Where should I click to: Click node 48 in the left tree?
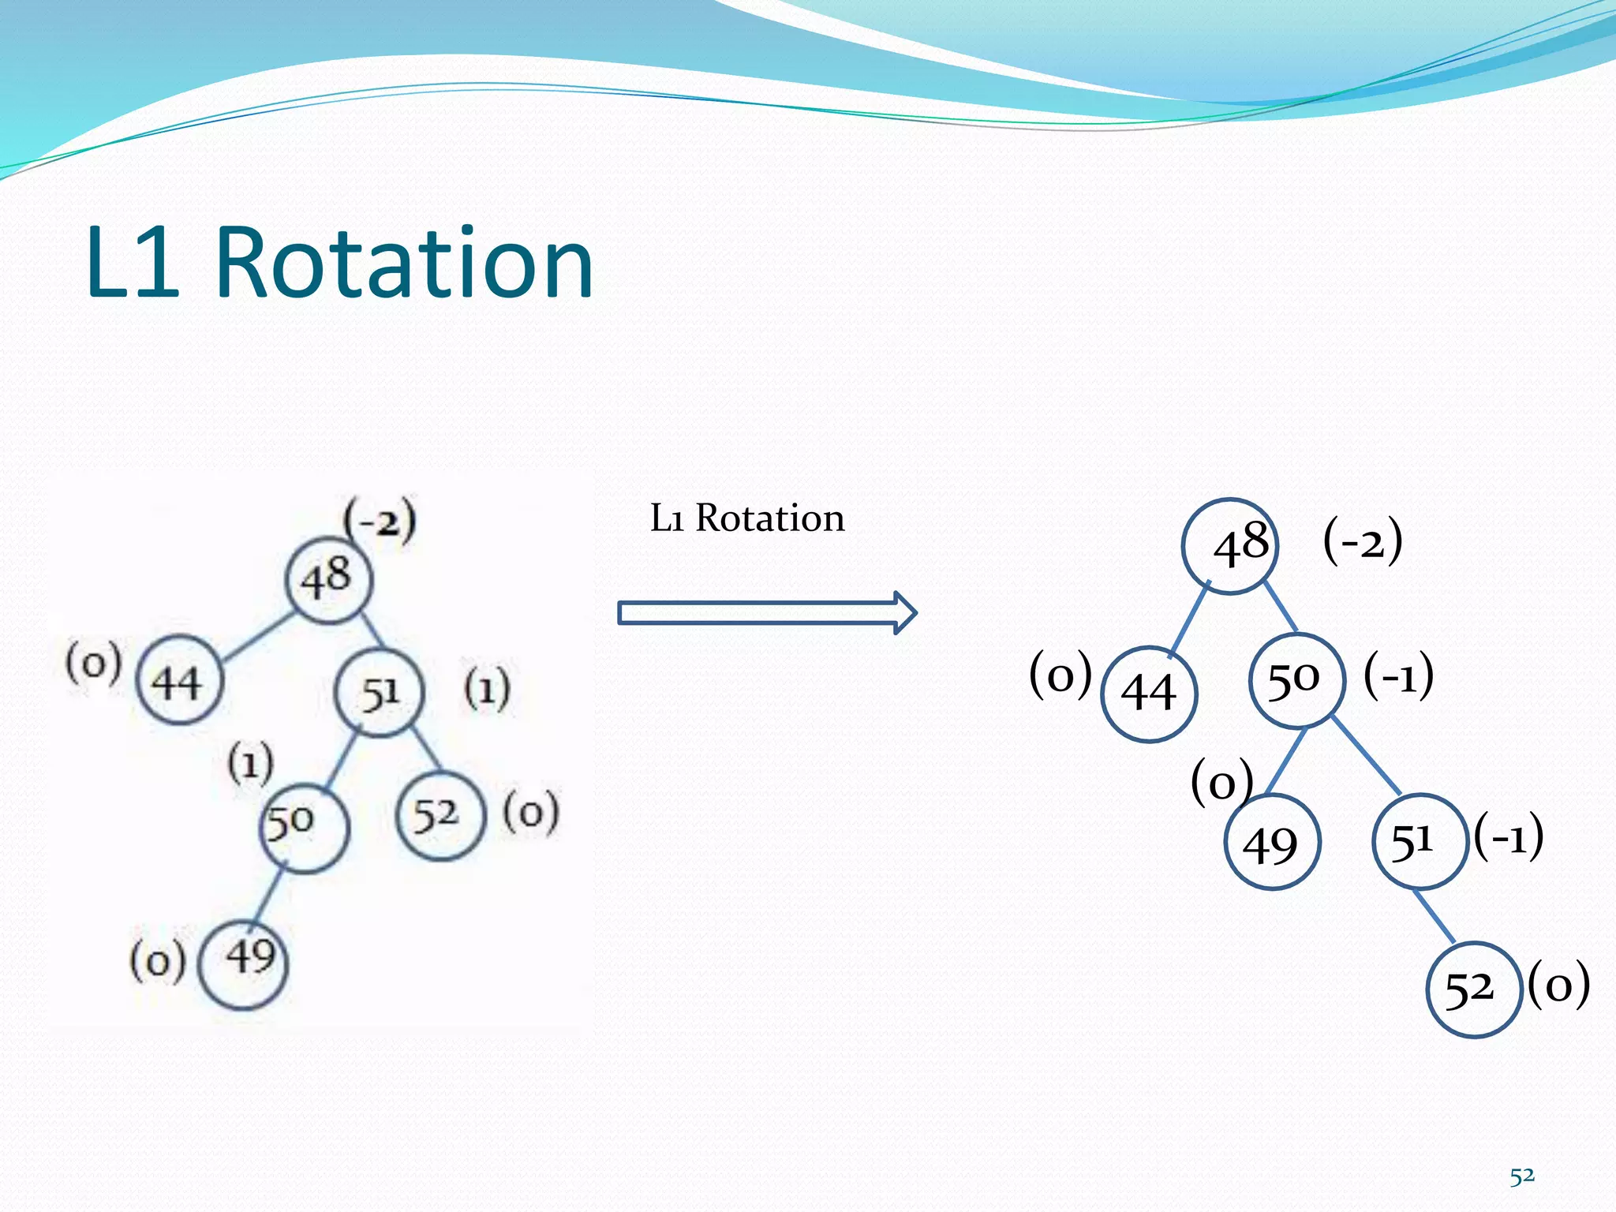(x=328, y=580)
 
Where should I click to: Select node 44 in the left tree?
(x=179, y=680)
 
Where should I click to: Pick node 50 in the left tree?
(x=304, y=828)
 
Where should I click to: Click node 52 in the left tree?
(x=439, y=816)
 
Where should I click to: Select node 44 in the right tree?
(x=1149, y=694)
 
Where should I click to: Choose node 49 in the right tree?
(x=1272, y=843)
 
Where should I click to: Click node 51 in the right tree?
(x=1418, y=841)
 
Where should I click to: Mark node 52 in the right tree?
(x=1472, y=989)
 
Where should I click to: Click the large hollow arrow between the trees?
(x=765, y=613)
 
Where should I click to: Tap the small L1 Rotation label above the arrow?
(x=746, y=518)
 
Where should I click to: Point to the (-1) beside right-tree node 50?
(x=1398, y=675)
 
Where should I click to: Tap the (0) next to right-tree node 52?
(x=1558, y=985)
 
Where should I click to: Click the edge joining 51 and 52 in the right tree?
(x=1434, y=915)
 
